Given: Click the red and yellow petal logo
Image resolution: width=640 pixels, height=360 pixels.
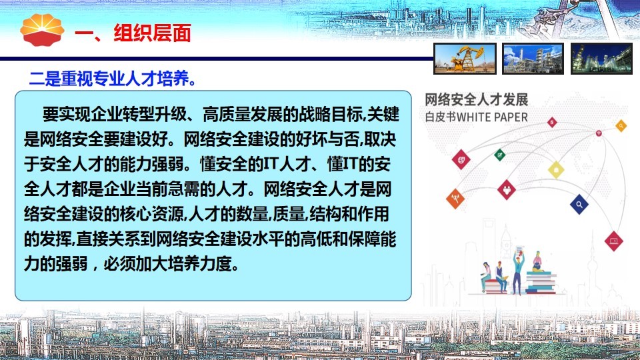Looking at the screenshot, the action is coord(42,30).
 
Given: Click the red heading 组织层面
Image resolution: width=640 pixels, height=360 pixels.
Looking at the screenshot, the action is coord(152,33).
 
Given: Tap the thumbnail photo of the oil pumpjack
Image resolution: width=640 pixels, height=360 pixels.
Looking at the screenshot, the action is coord(465,59).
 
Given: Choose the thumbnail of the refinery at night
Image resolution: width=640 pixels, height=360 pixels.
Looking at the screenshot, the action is coord(601,59).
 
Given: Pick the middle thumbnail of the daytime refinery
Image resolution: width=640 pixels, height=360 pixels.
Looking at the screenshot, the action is coord(533,59).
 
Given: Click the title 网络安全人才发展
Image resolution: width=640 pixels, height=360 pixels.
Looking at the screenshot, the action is coord(476,99).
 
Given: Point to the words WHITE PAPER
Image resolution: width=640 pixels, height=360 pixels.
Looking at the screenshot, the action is coord(492,117).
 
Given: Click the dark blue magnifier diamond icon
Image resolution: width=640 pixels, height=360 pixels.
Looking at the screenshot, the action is coord(579,204).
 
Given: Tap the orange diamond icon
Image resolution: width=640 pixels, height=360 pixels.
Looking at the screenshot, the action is coord(455,199).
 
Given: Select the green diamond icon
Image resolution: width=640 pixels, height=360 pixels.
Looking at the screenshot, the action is coord(499,155).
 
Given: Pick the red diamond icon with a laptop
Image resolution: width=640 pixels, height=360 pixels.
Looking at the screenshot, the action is coord(613,241).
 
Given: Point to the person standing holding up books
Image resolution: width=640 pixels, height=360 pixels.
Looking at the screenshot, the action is coord(518,269).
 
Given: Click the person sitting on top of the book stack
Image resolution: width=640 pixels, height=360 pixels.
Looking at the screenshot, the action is coord(537,261).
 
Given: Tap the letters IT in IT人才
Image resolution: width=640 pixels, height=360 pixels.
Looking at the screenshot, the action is coord(271,164).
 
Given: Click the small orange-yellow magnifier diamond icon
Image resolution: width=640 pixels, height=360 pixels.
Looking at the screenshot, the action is coord(621,126).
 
